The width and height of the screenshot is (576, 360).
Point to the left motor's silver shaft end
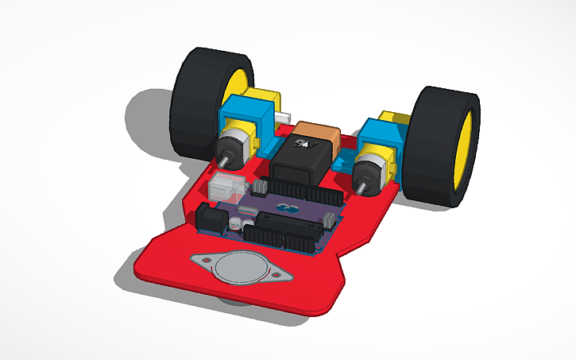click(x=223, y=160)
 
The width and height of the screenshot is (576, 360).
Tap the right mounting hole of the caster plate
click(x=277, y=276)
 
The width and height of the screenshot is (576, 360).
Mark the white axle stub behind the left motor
click(x=282, y=117)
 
